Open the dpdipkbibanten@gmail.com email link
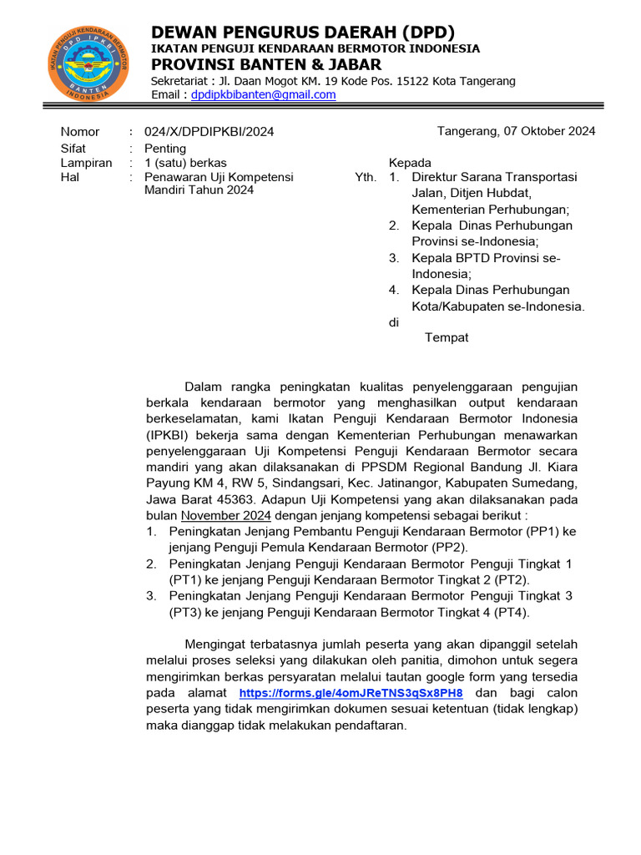point(263,95)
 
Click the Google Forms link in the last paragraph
point(351,693)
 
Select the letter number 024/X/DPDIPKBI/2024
point(209,132)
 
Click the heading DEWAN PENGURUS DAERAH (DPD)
point(303,33)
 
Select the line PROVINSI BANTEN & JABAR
point(266,64)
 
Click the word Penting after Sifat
point(165,148)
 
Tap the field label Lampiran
point(86,163)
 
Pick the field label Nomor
point(80,132)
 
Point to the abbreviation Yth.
point(366,178)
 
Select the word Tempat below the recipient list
point(447,337)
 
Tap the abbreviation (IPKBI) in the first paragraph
point(170,435)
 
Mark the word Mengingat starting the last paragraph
point(223,645)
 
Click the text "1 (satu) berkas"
point(185,163)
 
